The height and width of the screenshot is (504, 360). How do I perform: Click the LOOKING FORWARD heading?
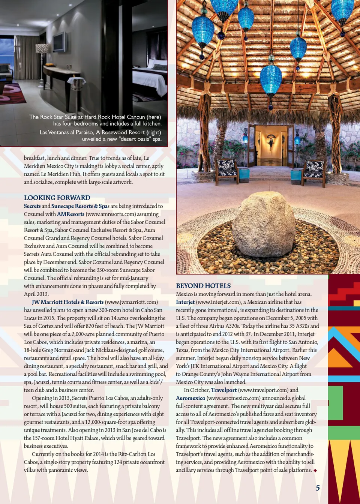(57, 198)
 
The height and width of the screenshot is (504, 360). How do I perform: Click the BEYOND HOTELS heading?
(203, 286)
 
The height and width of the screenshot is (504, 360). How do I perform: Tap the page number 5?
(318, 488)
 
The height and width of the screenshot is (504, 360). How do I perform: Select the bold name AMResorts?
(70, 214)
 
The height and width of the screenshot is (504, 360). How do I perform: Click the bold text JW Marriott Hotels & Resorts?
(67, 302)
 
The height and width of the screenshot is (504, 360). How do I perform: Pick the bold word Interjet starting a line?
(185, 302)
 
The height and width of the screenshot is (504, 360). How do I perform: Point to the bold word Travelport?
(224, 390)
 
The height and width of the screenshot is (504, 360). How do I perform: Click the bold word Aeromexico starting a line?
(190, 398)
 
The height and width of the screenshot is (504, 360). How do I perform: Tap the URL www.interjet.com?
(218, 302)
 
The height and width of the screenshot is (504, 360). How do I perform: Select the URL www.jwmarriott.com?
(131, 302)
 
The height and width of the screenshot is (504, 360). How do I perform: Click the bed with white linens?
(150, 81)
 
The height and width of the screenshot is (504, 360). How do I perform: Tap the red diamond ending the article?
(315, 471)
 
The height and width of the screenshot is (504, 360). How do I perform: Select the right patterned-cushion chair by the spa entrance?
(314, 169)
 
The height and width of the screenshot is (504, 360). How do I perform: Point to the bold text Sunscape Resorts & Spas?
(80, 206)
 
